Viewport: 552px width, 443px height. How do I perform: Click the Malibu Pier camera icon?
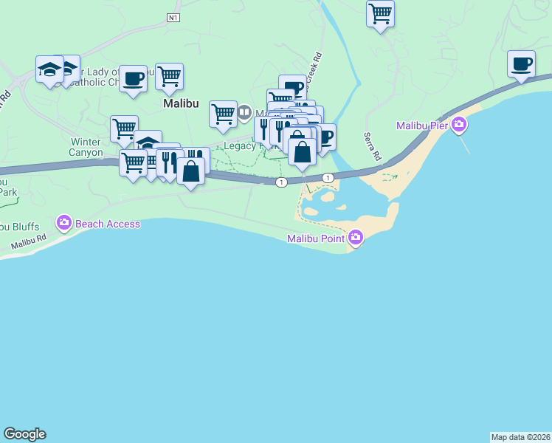pyautogui.click(x=460, y=125)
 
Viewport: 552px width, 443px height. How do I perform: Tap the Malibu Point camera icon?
pyautogui.click(x=356, y=238)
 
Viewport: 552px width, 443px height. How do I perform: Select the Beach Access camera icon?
pyautogui.click(x=64, y=222)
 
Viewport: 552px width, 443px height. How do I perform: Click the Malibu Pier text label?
pyautogui.click(x=423, y=126)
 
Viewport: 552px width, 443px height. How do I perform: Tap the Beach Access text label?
pyautogui.click(x=108, y=224)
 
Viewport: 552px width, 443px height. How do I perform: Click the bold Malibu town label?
pyautogui.click(x=181, y=104)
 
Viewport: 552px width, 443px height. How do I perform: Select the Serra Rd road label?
pyautogui.click(x=371, y=147)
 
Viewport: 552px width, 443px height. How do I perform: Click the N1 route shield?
pyautogui.click(x=173, y=17)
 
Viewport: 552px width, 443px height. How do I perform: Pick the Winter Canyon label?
pyautogui.click(x=87, y=147)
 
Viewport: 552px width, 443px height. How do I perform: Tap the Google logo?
pyautogui.click(x=24, y=434)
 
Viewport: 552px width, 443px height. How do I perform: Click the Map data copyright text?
pyautogui.click(x=520, y=437)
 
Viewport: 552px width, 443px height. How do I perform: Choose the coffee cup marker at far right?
pyautogui.click(x=521, y=63)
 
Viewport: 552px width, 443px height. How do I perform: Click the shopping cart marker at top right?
pyautogui.click(x=380, y=13)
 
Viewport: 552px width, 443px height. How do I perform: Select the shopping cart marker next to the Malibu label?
pyautogui.click(x=170, y=76)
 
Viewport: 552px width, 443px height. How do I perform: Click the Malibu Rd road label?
pyautogui.click(x=28, y=241)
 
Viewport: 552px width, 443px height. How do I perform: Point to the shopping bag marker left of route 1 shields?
pyautogui.click(x=190, y=171)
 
